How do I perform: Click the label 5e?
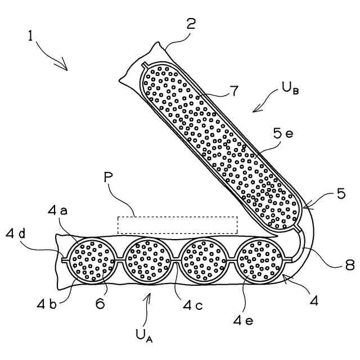tap(283, 136)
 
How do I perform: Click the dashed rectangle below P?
tap(177, 224)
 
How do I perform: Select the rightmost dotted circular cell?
tap(260, 260)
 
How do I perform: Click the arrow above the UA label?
tap(149, 307)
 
